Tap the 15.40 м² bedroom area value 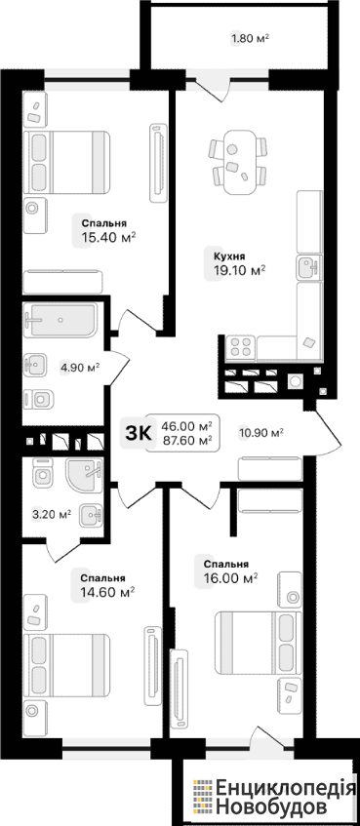point(108,238)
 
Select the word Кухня point(229,256)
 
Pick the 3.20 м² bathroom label point(52,515)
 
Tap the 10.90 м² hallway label point(261,433)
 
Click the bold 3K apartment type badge point(139,433)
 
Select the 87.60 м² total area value point(187,440)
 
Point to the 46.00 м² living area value point(187,426)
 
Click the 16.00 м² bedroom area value point(230,578)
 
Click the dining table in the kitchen point(237,161)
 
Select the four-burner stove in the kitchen point(240,347)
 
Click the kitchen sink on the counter point(308,268)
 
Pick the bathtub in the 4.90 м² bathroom point(60,320)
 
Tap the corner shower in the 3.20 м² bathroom point(84,475)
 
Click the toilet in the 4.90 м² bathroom point(39,399)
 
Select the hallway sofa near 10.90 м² point(270,468)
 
